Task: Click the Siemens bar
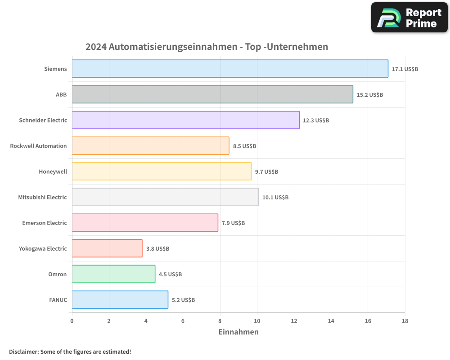pos(229,69)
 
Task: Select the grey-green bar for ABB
pos(212,94)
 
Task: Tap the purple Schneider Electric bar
pos(185,120)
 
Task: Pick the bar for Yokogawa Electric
pos(107,248)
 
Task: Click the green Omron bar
pos(113,274)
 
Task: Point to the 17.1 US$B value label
pos(405,69)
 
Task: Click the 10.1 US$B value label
pos(275,198)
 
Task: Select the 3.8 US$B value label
pos(157,249)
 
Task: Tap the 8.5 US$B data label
pos(244,146)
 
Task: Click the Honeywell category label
pos(53,171)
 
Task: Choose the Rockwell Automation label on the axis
pos(38,146)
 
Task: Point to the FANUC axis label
pos(58,300)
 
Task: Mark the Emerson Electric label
pos(44,223)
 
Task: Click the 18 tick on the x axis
pos(405,321)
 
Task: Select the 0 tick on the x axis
pos(72,321)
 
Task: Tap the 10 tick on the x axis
pos(257,321)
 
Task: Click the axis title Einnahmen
pos(238,332)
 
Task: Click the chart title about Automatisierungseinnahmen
pos(207,47)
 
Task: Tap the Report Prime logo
pos(409,18)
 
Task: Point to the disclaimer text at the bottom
pos(70,351)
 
